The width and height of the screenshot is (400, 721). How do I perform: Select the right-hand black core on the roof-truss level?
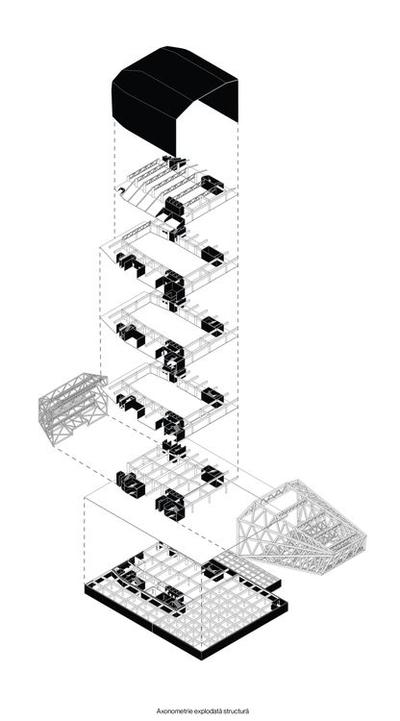pyautogui.click(x=212, y=184)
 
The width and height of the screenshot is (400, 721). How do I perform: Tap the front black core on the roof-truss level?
pyautogui.click(x=174, y=206)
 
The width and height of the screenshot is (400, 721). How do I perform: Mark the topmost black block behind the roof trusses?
pyautogui.click(x=175, y=162)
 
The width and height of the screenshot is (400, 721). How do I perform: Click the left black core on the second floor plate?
pyautogui.click(x=130, y=263)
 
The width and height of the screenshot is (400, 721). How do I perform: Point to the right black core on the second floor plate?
pyautogui.click(x=212, y=255)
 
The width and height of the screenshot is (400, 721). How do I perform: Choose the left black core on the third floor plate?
pyautogui.click(x=130, y=335)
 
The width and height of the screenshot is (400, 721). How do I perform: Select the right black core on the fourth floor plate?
pyautogui.click(x=212, y=397)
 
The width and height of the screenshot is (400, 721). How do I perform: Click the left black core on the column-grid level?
pyautogui.click(x=130, y=485)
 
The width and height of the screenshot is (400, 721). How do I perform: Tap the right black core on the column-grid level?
pyautogui.click(x=212, y=475)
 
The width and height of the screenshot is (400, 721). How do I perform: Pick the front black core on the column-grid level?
pyautogui.click(x=170, y=505)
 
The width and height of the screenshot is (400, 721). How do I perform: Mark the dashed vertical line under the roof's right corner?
pyautogui.click(x=237, y=294)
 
